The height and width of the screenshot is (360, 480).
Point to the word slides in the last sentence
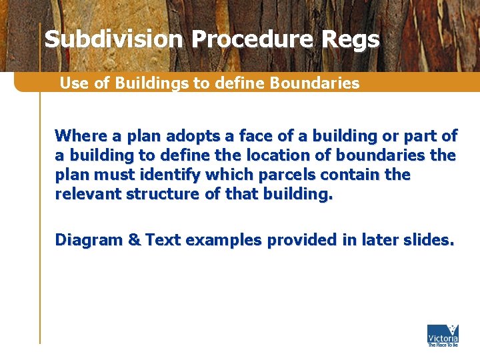(428, 240)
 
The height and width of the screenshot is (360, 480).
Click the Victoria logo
(443, 335)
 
